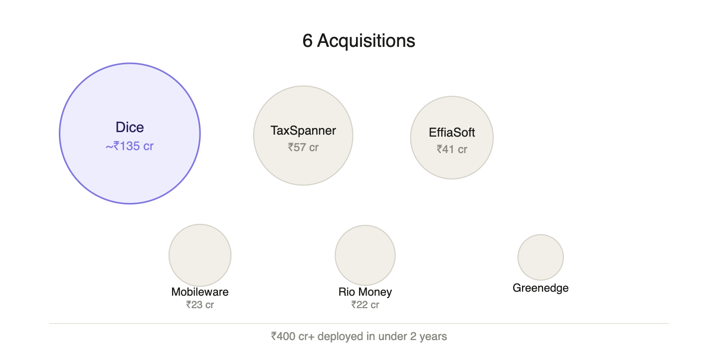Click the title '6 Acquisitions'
(359, 41)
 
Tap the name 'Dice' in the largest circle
(130, 127)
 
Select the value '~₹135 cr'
(130, 147)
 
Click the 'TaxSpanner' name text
(303, 131)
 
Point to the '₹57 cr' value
(303, 148)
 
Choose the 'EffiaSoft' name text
(452, 133)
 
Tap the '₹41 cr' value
(452, 149)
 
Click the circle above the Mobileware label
(200, 255)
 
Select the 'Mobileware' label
(200, 292)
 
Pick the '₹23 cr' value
(200, 305)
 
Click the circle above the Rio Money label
(365, 255)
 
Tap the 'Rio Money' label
(365, 292)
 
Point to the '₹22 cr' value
(365, 305)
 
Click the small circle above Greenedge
(540, 257)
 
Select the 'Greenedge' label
(540, 288)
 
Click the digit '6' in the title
(307, 41)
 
